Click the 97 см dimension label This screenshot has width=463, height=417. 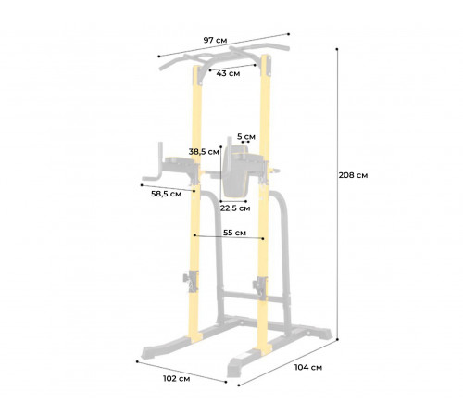216,40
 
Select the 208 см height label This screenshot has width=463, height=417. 353,174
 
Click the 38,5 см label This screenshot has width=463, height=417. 204,151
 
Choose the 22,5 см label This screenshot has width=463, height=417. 236,208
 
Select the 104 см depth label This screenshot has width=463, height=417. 307,367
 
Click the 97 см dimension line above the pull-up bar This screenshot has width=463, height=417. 222,45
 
